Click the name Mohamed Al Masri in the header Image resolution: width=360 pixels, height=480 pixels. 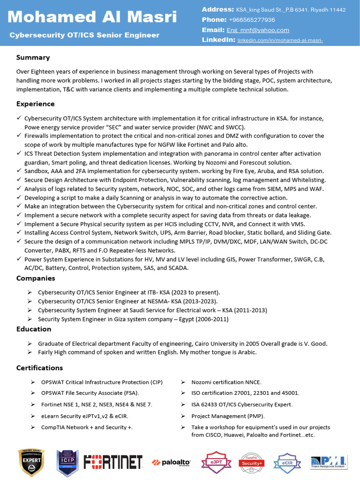[x=92, y=17]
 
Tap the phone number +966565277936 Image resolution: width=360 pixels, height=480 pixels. [x=251, y=20]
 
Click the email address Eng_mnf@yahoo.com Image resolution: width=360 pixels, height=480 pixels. [x=258, y=30]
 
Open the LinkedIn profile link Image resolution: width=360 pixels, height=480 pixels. [x=280, y=40]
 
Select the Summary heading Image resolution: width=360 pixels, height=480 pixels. [x=33, y=58]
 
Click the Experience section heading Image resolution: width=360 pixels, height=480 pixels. [x=36, y=104]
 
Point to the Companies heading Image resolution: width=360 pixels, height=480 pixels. [x=36, y=278]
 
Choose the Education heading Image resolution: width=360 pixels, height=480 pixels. [x=34, y=329]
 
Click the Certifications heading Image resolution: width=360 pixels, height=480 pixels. [x=39, y=367]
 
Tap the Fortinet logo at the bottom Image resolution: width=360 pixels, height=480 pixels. [x=113, y=462]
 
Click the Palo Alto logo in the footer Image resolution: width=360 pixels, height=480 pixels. [x=171, y=462]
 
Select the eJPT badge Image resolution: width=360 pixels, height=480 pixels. [x=216, y=462]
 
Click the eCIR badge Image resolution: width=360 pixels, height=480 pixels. [x=287, y=462]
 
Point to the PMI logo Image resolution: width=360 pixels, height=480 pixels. [x=328, y=462]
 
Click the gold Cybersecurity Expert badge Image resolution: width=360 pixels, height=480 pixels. [x=31, y=462]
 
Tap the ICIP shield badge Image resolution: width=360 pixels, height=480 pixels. [x=67, y=462]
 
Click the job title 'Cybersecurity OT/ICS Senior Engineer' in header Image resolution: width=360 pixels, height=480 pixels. [x=84, y=35]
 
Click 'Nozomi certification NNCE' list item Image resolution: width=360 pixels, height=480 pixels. [x=226, y=382]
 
